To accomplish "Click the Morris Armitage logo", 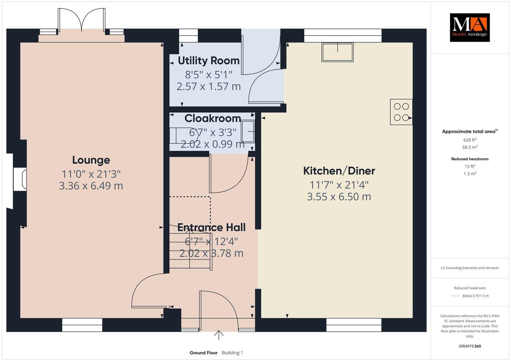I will [469, 27].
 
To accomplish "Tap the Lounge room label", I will [91, 160].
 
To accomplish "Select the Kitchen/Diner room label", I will [339, 171].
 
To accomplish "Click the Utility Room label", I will [209, 61].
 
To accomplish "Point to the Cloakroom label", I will [212, 118].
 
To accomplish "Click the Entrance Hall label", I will [211, 227].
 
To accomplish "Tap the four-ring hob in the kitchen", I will [401, 112].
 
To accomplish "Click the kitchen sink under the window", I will [337, 52].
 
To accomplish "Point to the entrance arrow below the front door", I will [218, 335].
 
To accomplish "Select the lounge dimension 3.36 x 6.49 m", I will [91, 186].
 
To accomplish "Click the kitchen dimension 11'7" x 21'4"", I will [339, 185].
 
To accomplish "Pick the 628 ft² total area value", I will [469, 140].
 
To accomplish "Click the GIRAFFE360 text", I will [469, 346].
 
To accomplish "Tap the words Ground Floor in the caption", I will [204, 353].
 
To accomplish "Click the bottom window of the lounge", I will [82, 325].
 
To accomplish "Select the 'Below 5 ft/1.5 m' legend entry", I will [475, 296].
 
